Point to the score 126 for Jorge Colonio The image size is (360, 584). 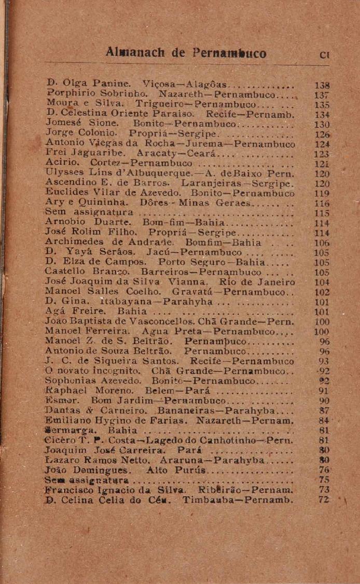tap(323, 133)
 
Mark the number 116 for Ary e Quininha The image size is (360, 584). tap(323, 203)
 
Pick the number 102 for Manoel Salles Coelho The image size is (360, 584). tap(322, 292)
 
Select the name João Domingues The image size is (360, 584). tap(85, 470)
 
